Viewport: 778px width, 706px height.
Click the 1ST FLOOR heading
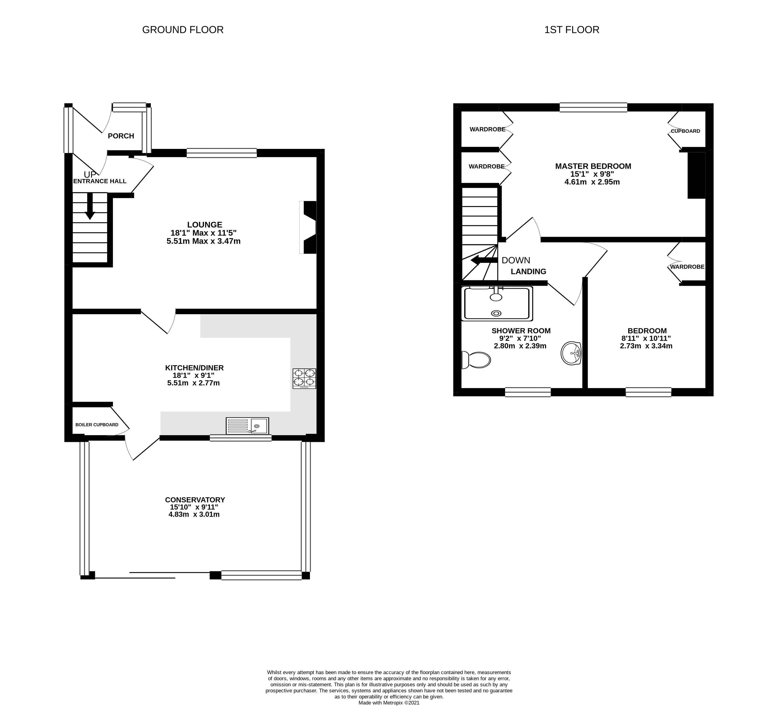[x=571, y=30]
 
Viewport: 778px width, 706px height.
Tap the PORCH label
[x=121, y=136]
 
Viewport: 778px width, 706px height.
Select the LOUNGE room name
[x=205, y=224]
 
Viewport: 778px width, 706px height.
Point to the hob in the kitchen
[x=304, y=378]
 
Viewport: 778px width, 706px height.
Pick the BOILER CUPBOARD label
[x=97, y=425]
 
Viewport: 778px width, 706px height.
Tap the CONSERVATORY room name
[x=195, y=499]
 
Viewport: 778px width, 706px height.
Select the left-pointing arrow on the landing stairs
[x=484, y=260]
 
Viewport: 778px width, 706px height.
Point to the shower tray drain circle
[x=496, y=314]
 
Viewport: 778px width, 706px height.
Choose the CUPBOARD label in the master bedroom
[x=685, y=131]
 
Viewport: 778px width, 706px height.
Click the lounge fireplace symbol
[x=308, y=227]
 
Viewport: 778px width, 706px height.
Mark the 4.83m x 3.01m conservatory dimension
[x=194, y=514]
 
